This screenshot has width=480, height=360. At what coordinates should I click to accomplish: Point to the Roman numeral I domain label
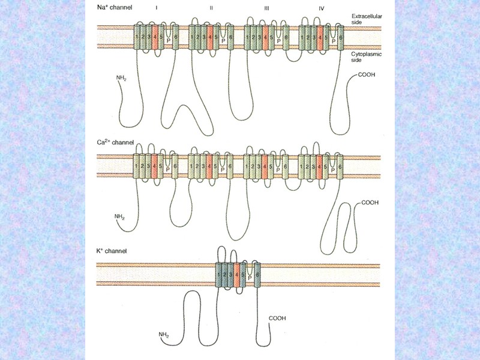pyautogui.click(x=157, y=9)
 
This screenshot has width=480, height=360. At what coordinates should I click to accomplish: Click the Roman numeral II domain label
pyautogui.click(x=211, y=9)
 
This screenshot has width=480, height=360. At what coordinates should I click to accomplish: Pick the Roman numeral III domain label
pyautogui.click(x=266, y=9)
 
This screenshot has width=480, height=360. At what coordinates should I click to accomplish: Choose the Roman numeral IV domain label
pyautogui.click(x=321, y=9)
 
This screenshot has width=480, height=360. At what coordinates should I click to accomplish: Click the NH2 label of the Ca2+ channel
pyautogui.click(x=119, y=215)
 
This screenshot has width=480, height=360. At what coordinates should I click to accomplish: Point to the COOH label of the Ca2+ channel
pyautogui.click(x=370, y=203)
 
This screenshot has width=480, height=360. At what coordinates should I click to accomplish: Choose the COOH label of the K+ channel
pyautogui.click(x=277, y=318)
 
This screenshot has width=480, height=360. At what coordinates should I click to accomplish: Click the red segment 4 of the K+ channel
pyautogui.click(x=237, y=275)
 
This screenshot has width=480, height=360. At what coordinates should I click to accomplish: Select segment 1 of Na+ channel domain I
pyautogui.click(x=137, y=38)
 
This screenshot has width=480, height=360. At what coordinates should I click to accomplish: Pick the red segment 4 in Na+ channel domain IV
pyautogui.click(x=320, y=38)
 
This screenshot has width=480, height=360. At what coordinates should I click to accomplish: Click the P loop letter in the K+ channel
pyautogui.click(x=249, y=278)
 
